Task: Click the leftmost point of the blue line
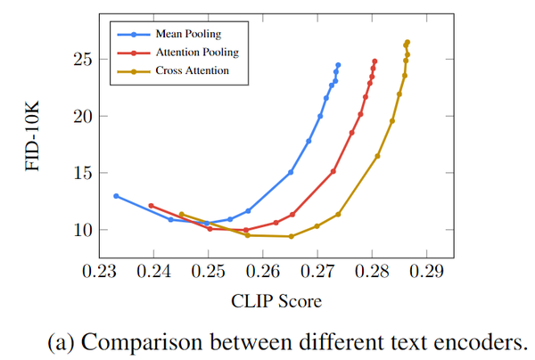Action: (116, 196)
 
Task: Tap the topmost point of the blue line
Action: (338, 65)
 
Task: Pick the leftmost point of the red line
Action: (151, 206)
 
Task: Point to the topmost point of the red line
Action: (374, 61)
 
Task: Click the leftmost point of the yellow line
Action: (181, 214)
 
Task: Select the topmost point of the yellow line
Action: (407, 42)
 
